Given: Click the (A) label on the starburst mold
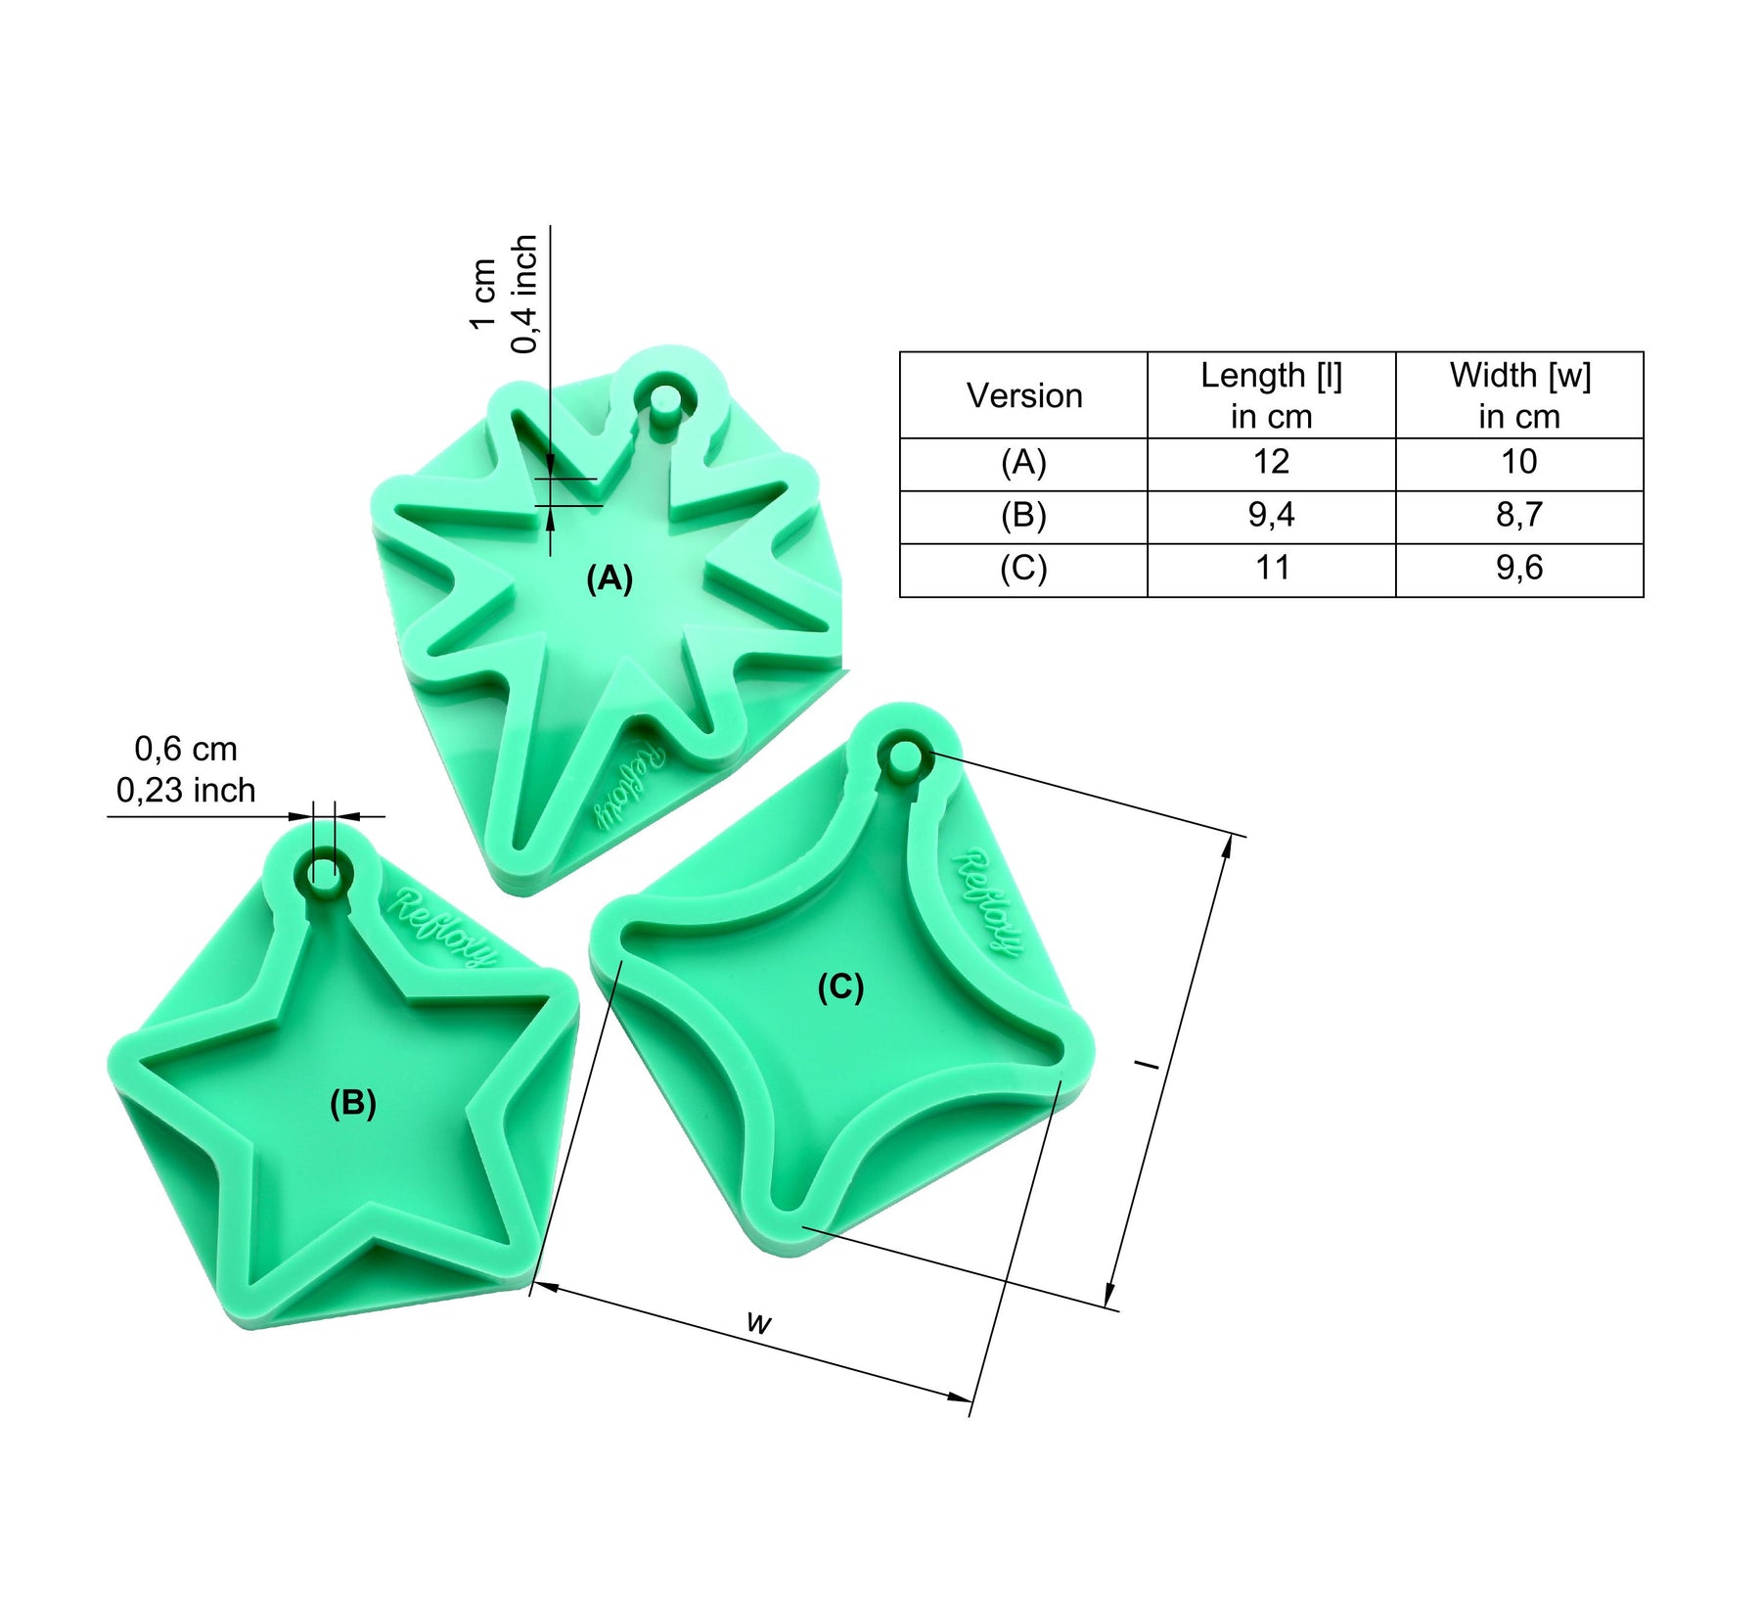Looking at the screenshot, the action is point(610,579).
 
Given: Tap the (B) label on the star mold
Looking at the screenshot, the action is point(353,1103).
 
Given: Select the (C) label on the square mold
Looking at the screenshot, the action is point(841,987).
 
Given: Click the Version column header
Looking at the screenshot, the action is point(1024,395).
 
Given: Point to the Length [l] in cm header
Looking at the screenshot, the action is point(1271,395).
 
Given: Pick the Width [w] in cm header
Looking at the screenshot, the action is point(1519,395).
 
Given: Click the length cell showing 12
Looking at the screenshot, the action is point(1271,462).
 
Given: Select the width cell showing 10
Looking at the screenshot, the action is point(1519,462).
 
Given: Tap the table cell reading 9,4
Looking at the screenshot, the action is point(1271,515).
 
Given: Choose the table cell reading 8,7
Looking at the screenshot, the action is point(1519,515).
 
